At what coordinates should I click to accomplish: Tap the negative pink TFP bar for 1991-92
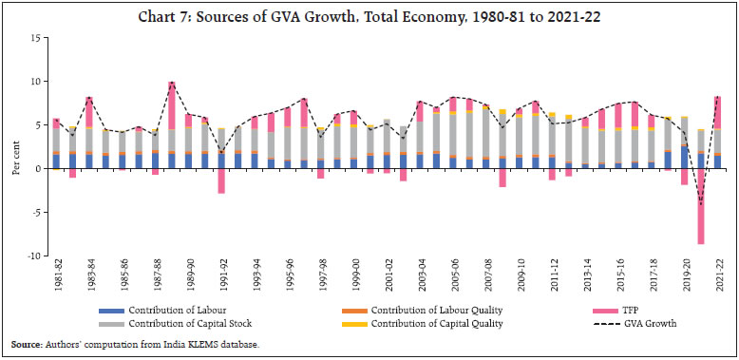pos(221,180)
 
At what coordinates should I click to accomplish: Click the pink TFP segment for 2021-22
pos(718,112)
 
